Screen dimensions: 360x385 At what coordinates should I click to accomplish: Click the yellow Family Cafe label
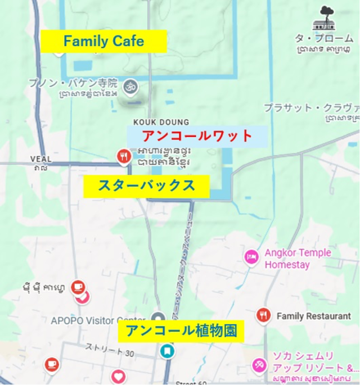click(103, 41)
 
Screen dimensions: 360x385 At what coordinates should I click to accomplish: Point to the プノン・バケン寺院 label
click(73, 83)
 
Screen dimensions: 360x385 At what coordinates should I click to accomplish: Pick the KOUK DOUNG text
click(161, 122)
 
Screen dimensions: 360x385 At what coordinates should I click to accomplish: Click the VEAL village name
click(40, 159)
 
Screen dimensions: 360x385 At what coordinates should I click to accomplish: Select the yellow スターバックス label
click(146, 186)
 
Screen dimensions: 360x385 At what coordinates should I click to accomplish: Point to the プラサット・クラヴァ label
click(312, 107)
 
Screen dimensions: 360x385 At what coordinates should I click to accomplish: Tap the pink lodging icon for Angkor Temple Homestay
click(251, 257)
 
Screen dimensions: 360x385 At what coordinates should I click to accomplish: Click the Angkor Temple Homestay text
click(298, 259)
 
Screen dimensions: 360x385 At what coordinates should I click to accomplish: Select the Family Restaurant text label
click(313, 316)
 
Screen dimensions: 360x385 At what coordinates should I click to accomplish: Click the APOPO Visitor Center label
click(98, 321)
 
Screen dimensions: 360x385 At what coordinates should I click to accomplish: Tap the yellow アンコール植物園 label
click(181, 331)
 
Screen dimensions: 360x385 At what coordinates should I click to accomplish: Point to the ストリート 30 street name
click(110, 350)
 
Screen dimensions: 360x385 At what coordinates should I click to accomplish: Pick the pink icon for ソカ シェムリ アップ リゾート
click(259, 365)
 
